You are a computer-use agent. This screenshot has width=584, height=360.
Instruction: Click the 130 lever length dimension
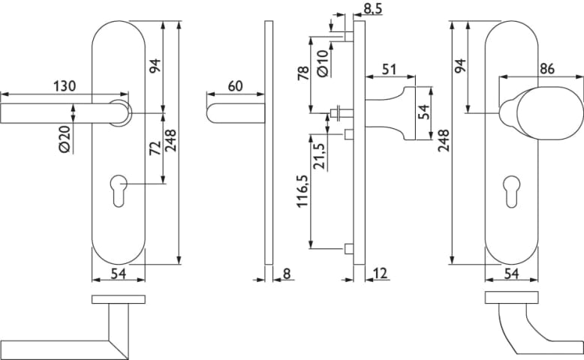(65, 86)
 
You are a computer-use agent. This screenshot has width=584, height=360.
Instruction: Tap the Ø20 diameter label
(64, 138)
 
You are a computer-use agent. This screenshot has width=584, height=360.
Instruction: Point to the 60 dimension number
(234, 86)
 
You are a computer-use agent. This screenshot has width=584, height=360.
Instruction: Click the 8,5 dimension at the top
(373, 9)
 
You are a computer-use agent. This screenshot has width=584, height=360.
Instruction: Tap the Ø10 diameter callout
(322, 63)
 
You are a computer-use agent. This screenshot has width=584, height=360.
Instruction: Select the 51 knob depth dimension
(390, 70)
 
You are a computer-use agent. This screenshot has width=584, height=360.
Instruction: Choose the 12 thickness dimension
(380, 274)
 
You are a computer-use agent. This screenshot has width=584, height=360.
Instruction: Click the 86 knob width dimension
(547, 69)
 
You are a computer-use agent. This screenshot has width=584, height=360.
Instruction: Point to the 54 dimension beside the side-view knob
(424, 112)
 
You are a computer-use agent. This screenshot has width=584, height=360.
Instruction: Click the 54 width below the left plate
(118, 274)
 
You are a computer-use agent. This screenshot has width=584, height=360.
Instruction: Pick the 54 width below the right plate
(512, 274)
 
